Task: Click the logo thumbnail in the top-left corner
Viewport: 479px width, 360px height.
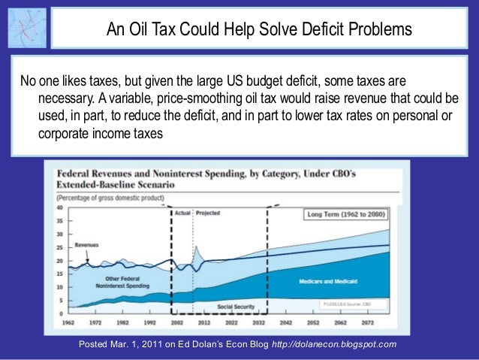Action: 26,28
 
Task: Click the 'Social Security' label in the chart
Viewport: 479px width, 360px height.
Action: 236,307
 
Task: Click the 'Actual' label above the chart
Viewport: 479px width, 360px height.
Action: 182,213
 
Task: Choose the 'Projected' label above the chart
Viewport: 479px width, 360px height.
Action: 208,213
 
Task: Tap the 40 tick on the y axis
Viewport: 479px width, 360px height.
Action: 60,207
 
